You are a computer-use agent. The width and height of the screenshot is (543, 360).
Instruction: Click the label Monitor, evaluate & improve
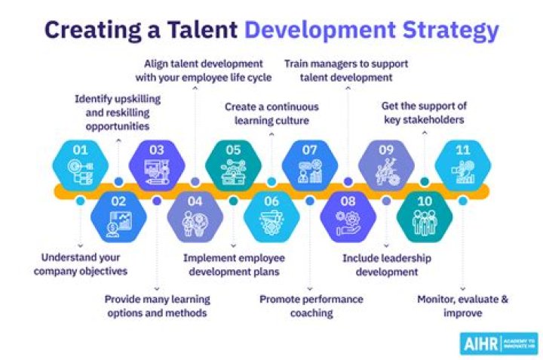point(462,306)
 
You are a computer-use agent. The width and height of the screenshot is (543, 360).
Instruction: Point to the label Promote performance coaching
point(311,306)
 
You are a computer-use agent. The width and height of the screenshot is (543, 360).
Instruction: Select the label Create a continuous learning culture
point(271,113)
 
